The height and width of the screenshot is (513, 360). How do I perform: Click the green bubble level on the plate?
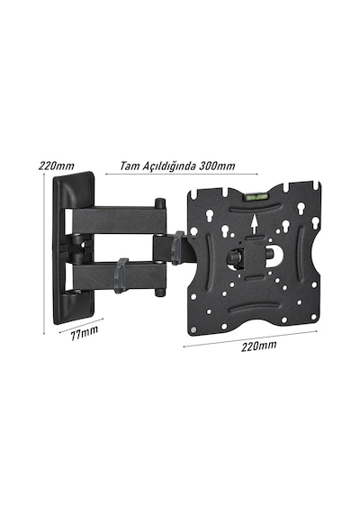(x=256, y=197)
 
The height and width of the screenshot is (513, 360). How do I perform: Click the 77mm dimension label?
(x=85, y=332)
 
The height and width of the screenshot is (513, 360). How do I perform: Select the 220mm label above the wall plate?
(x=57, y=166)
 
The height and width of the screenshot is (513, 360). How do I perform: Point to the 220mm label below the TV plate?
(x=259, y=346)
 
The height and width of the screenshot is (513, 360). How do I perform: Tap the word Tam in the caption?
(x=130, y=166)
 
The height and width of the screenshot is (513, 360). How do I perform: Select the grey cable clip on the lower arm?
(x=121, y=274)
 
